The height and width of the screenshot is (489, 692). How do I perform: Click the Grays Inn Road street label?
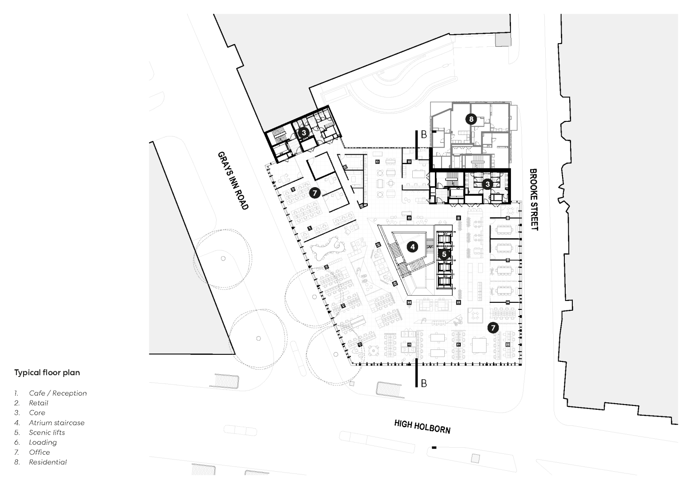click(x=233, y=180)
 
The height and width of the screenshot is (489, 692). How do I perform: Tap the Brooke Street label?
click(x=534, y=200)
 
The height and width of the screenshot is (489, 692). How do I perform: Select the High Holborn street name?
click(x=422, y=427)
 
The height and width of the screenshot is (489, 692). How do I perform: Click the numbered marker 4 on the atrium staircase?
click(x=412, y=247)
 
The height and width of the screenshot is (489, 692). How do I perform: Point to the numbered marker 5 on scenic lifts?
click(x=444, y=254)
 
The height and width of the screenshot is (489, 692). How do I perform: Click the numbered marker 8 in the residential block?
click(x=471, y=119)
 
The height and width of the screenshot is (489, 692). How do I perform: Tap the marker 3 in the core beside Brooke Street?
click(x=487, y=184)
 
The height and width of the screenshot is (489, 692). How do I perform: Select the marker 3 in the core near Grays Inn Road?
click(x=304, y=133)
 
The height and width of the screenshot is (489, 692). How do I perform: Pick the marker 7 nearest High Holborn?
click(x=493, y=328)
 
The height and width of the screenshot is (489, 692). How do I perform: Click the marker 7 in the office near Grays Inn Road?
click(x=314, y=193)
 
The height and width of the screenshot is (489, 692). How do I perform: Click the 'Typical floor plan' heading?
click(x=47, y=373)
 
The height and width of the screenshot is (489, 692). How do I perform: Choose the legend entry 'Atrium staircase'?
click(x=56, y=423)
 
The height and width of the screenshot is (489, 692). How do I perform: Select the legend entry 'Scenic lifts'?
click(x=47, y=433)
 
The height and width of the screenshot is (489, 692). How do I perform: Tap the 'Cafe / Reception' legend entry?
click(x=58, y=393)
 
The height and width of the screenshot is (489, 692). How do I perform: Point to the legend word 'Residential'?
click(x=48, y=462)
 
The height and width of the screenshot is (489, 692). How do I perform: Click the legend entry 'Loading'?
click(x=43, y=442)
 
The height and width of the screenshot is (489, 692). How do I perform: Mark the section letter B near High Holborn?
click(x=424, y=383)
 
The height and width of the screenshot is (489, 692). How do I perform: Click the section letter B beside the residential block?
click(x=424, y=134)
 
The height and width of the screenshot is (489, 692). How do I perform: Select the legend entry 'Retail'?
click(x=39, y=403)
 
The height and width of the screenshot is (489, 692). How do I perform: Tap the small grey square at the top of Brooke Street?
click(x=503, y=40)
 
